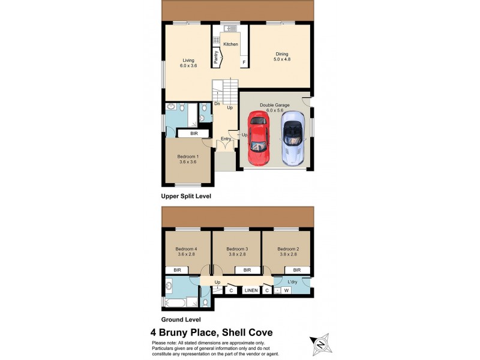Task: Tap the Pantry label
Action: click(216, 56)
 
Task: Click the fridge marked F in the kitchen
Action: click(244, 62)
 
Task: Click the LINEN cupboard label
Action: click(251, 291)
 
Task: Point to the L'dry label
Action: click(293, 282)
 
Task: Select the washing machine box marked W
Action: click(287, 291)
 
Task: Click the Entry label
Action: click(226, 139)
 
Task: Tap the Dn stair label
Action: click(217, 103)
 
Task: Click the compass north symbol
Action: click(320, 344)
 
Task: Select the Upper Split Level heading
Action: click(186, 196)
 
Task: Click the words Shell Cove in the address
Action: click(247, 332)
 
